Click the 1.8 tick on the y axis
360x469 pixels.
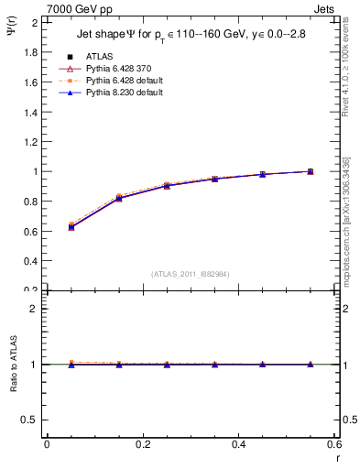tap(31, 51)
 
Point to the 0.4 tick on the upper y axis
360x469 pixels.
tap(31, 260)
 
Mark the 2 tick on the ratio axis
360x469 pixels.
tap(35, 309)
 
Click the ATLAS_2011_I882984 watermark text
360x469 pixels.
tap(191, 273)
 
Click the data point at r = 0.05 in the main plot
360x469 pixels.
tap(71, 226)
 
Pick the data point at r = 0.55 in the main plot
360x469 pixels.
tap(311, 171)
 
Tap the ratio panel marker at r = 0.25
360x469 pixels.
tap(167, 365)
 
